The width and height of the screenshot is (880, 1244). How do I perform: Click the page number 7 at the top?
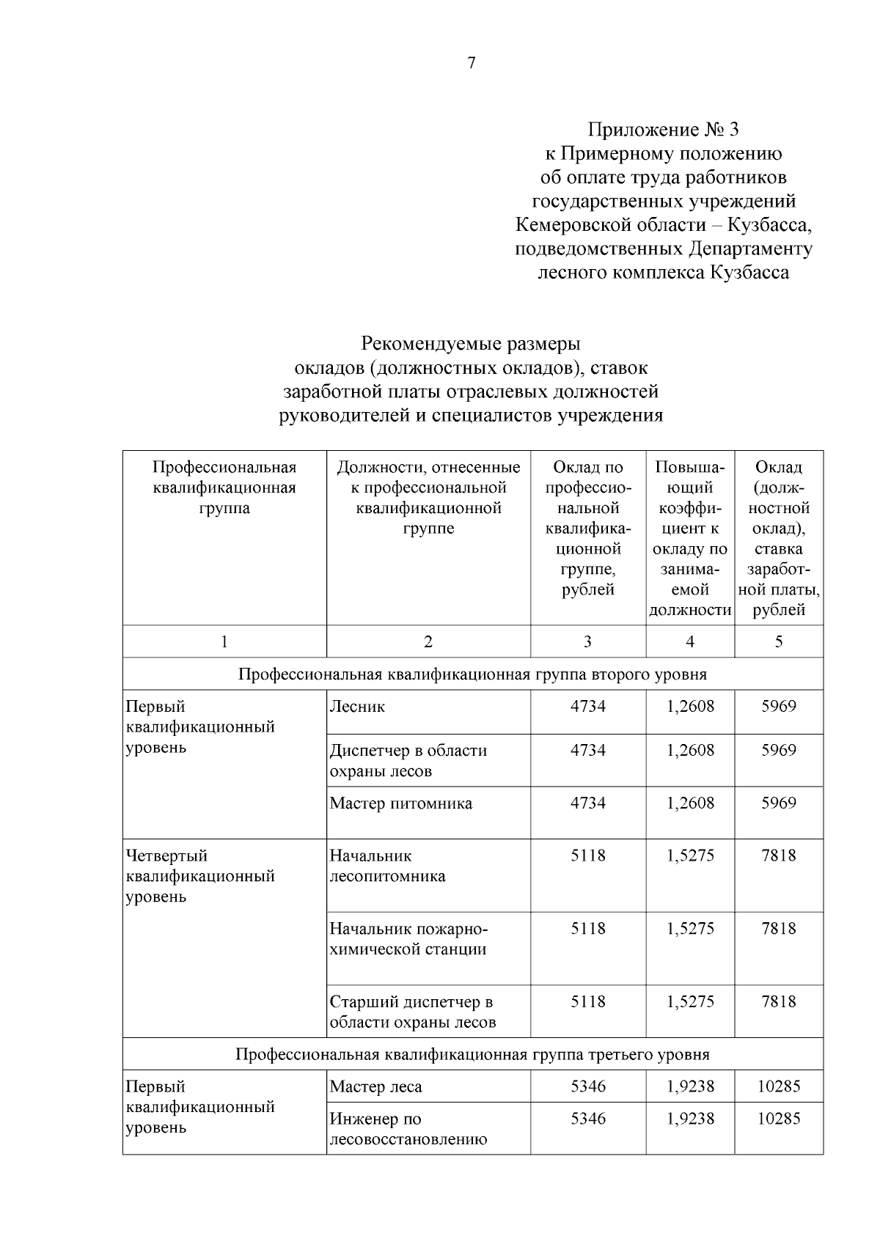click(x=472, y=63)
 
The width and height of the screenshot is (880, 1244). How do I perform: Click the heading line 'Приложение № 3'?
click(x=663, y=130)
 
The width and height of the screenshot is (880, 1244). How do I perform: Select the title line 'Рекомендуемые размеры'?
click(x=471, y=343)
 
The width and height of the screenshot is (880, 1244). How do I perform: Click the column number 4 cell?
click(x=689, y=641)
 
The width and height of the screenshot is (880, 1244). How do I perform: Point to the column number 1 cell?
click(x=224, y=641)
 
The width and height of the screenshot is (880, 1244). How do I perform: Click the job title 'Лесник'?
click(x=357, y=707)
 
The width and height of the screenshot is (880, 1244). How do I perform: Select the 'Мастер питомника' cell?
click(x=401, y=803)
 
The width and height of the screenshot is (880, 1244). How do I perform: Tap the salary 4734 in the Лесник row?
click(x=588, y=707)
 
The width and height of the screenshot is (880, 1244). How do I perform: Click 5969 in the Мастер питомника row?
click(x=778, y=803)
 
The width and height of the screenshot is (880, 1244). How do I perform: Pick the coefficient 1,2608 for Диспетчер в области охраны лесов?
click(x=689, y=751)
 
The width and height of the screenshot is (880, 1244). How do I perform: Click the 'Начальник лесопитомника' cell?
click(x=387, y=866)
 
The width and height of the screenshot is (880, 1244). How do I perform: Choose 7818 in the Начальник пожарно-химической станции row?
click(x=778, y=929)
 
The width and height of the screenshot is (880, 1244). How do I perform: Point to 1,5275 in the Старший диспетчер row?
click(x=689, y=1002)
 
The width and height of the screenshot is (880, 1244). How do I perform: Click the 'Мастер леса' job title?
click(x=375, y=1087)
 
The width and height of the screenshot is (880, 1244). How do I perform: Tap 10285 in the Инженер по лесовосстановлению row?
click(x=778, y=1119)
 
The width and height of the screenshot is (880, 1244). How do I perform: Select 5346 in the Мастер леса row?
click(x=588, y=1087)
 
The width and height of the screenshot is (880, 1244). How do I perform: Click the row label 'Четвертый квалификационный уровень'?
click(x=200, y=876)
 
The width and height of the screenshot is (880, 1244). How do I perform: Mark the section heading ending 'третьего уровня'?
click(x=472, y=1055)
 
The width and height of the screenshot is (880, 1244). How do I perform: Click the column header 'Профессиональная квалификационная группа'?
click(x=224, y=487)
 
